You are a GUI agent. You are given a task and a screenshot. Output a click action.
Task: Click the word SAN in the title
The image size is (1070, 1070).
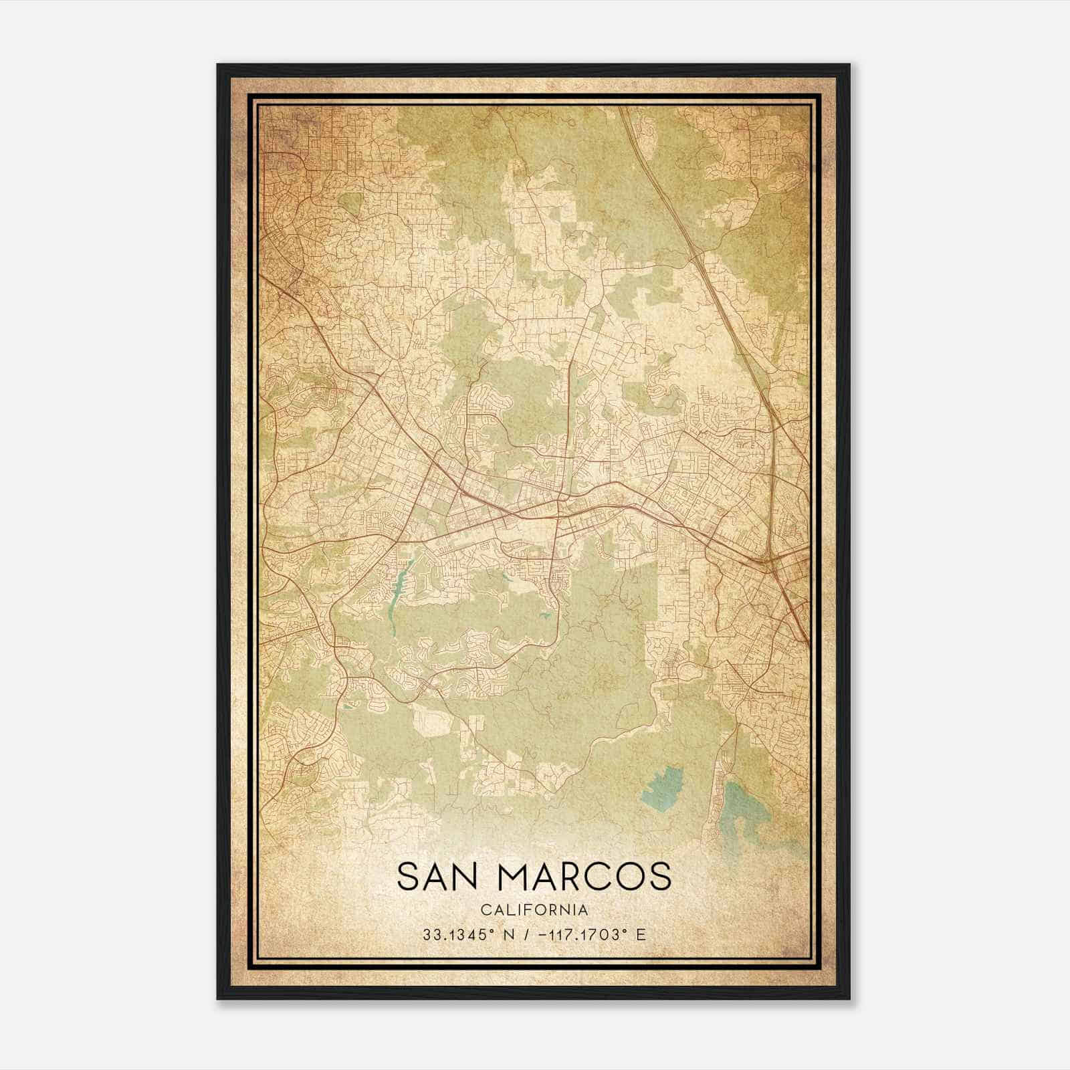439,877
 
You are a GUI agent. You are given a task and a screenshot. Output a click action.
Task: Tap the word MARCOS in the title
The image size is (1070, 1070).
582,877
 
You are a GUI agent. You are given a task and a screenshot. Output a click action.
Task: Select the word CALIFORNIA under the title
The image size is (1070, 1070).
534,910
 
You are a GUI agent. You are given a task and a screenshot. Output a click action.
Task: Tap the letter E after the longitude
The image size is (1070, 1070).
641,934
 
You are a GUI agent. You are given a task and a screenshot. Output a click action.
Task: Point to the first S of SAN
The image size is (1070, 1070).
407,877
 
